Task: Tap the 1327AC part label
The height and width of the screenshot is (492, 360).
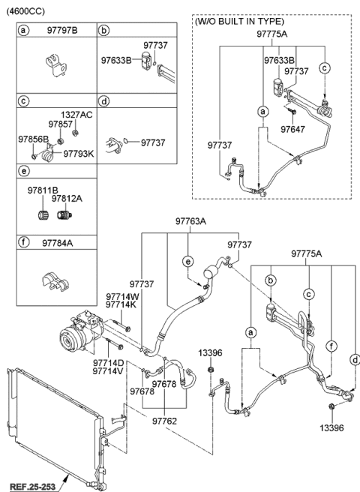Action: tap(78, 115)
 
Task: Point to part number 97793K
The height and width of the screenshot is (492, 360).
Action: tap(78, 153)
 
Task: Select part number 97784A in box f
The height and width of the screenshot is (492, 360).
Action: tap(58, 243)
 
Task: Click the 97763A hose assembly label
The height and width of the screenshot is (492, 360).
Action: tap(191, 221)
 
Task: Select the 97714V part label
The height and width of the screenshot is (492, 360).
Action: tap(109, 371)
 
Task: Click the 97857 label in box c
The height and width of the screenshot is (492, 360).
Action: tap(61, 124)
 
